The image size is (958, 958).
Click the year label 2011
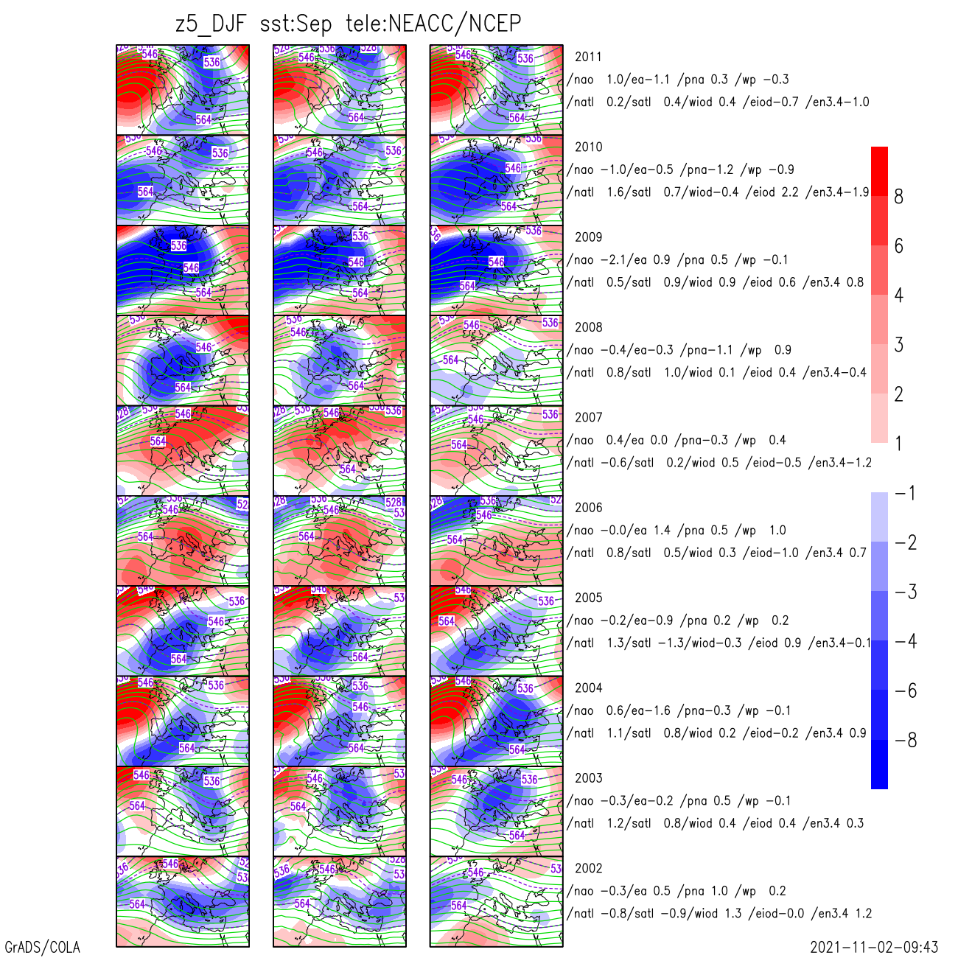pyautogui.click(x=588, y=57)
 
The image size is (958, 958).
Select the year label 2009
pyautogui.click(x=588, y=237)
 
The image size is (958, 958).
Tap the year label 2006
pyautogui.click(x=588, y=508)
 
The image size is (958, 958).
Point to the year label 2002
pyautogui.click(x=588, y=868)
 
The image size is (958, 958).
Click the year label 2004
pyautogui.click(x=588, y=688)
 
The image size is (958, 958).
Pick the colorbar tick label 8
pyautogui.click(x=898, y=197)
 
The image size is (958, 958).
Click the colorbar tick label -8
pyautogui.click(x=906, y=741)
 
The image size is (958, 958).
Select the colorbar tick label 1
pyautogui.click(x=898, y=444)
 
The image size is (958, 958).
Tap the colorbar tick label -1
pyautogui.click(x=906, y=493)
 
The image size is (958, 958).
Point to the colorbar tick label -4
pyautogui.click(x=906, y=641)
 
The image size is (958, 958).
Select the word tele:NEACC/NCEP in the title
pyautogui.click(x=433, y=24)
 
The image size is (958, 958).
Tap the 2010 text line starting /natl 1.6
pyautogui.click(x=718, y=192)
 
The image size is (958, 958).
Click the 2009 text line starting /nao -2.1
pyautogui.click(x=677, y=259)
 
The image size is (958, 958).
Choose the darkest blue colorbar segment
pyautogui.click(x=879, y=764)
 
